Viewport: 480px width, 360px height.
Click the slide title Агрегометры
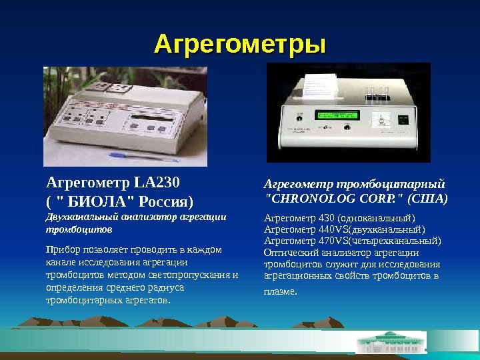(x=240, y=45)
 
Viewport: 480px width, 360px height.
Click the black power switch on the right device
(x=403, y=119)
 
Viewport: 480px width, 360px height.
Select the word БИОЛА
(x=97, y=201)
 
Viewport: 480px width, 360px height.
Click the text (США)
(x=430, y=198)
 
